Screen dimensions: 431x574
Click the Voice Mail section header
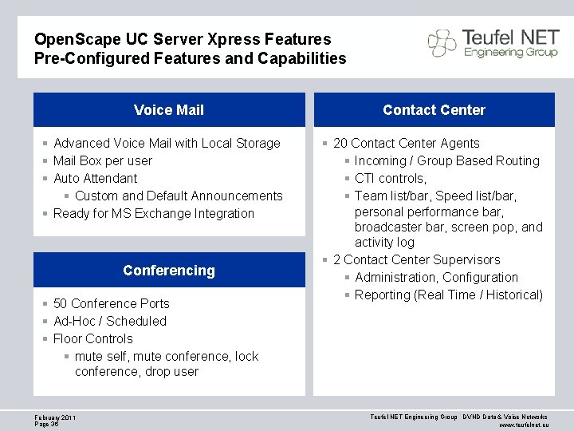[169, 110]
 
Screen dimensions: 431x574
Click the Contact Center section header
[434, 110]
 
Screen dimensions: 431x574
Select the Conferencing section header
[169, 271]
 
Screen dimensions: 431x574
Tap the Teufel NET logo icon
[442, 43]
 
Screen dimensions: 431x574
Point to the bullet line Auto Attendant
[95, 178]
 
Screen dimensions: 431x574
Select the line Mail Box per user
[102, 160]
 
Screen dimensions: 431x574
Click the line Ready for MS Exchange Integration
[153, 213]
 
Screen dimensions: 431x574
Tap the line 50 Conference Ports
[111, 303]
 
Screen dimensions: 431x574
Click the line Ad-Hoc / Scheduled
[109, 321]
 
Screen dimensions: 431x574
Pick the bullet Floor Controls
[92, 338]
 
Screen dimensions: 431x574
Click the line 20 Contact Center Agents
[406, 143]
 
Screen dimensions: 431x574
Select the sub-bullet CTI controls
[391, 178]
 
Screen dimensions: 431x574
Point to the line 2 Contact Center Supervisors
[416, 259]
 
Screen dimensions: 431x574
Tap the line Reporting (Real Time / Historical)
[448, 295]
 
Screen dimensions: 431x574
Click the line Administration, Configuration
[436, 277]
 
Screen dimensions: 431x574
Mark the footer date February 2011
[55, 417]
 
